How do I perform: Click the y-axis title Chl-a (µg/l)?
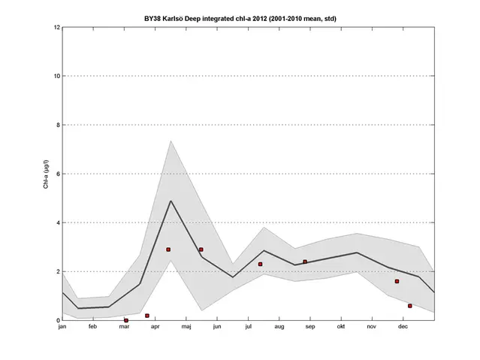(46, 174)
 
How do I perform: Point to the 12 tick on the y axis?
(57, 28)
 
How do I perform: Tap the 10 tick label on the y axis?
(56, 76)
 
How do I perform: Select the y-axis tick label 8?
(57, 125)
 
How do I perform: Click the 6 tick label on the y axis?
(57, 174)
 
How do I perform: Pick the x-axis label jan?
(62, 328)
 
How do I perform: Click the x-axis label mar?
(124, 328)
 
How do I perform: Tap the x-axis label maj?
(186, 328)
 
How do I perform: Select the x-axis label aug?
(279, 328)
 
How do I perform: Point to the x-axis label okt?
(340, 328)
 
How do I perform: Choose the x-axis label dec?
(403, 328)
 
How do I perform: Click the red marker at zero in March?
(126, 320)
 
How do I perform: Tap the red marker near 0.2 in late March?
(147, 316)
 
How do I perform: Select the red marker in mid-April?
(168, 250)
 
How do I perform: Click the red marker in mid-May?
(201, 250)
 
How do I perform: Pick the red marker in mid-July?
(260, 264)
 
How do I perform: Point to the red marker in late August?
(305, 262)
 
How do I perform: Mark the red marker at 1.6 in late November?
(397, 281)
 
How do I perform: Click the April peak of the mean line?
(171, 201)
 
